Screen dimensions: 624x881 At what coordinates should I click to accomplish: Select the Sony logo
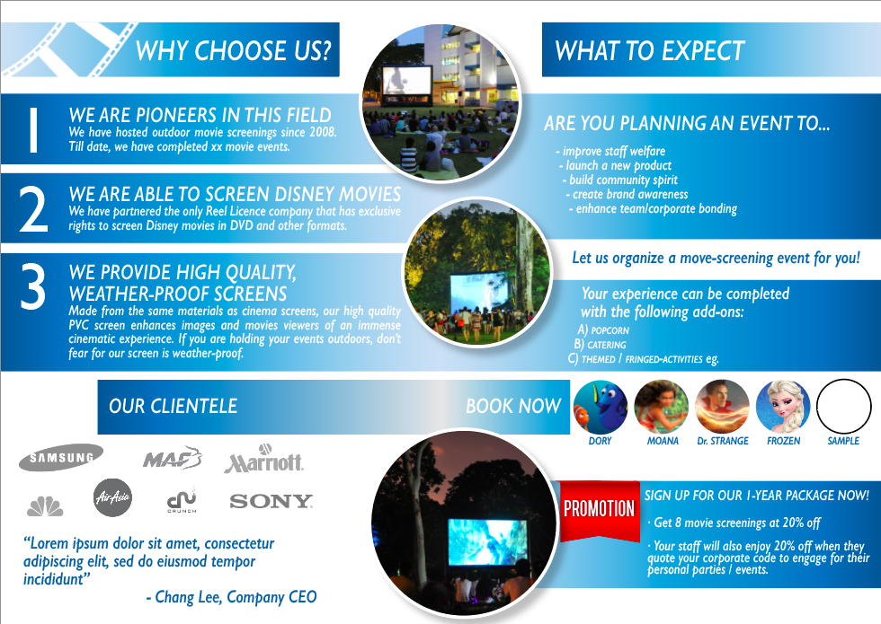pyautogui.click(x=271, y=501)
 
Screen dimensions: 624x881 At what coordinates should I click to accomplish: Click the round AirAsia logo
pyautogui.click(x=112, y=497)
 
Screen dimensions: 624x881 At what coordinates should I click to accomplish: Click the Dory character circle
pyautogui.click(x=600, y=407)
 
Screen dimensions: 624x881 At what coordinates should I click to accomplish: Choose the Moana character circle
pyautogui.click(x=661, y=407)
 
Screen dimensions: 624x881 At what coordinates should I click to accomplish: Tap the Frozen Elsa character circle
pyautogui.click(x=783, y=407)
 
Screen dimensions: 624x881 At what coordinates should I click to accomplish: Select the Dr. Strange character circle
pyautogui.click(x=722, y=407)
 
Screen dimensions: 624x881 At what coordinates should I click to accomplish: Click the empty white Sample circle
pyautogui.click(x=844, y=407)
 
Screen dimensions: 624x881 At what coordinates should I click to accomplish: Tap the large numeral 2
pyautogui.click(x=33, y=210)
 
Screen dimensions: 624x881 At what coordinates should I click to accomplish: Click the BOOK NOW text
pyautogui.click(x=512, y=406)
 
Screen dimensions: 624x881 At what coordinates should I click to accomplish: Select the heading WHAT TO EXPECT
pyautogui.click(x=650, y=51)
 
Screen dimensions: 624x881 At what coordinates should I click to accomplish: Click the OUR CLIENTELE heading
pyautogui.click(x=173, y=406)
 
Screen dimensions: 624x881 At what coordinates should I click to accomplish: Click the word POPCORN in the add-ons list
pyautogui.click(x=610, y=330)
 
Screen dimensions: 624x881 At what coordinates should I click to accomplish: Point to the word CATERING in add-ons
pyautogui.click(x=606, y=345)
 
